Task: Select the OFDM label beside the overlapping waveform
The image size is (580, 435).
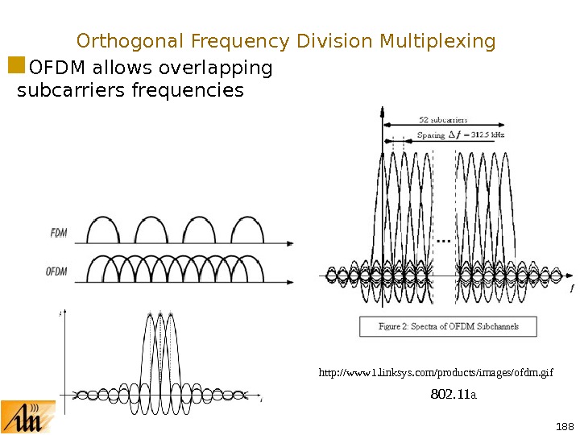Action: [x=56, y=271]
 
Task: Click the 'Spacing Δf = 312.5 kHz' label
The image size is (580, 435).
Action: [x=460, y=135]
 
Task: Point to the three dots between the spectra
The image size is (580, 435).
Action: [x=443, y=240]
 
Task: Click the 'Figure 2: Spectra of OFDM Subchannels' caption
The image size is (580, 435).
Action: [x=447, y=326]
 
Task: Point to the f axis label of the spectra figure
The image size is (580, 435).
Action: [x=571, y=288]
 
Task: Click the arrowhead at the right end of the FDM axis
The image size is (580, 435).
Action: [x=289, y=242]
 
